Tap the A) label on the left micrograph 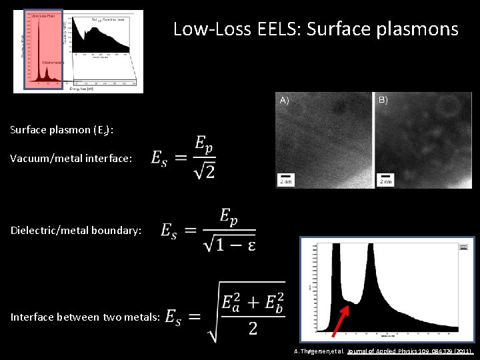285,100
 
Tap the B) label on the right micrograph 383,100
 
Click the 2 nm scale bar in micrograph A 285,179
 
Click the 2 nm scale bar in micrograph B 385,179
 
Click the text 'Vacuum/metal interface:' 71,158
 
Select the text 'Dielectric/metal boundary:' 76,230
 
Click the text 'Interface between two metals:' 85,317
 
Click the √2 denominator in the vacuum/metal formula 205,172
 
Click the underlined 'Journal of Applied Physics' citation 387,351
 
